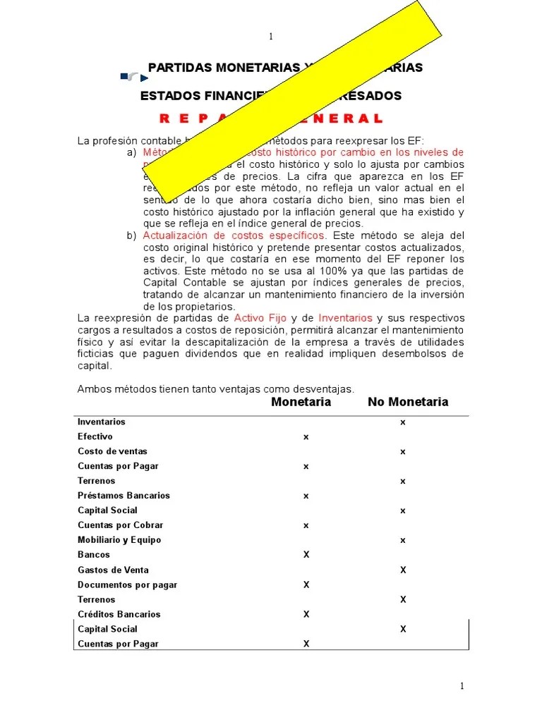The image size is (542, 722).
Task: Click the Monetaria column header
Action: (301, 402)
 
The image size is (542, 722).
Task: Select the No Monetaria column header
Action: (407, 402)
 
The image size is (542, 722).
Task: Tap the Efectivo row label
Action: (95, 436)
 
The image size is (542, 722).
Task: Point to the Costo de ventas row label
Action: (112, 451)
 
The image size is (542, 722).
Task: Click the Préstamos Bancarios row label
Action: (124, 496)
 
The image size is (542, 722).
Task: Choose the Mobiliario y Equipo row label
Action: (119, 540)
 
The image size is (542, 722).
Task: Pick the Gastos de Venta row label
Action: (113, 570)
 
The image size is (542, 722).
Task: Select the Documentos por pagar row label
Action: (127, 585)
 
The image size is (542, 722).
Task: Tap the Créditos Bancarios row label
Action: (119, 614)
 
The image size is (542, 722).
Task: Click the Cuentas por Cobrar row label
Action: (120, 525)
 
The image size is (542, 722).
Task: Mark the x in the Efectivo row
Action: (306, 437)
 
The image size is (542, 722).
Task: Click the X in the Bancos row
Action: (306, 555)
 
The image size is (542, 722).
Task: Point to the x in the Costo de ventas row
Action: (403, 451)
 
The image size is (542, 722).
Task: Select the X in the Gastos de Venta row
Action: (403, 570)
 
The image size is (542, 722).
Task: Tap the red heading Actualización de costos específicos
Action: (234, 235)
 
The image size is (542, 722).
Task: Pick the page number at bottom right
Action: (462, 686)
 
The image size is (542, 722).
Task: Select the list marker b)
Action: (131, 235)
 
